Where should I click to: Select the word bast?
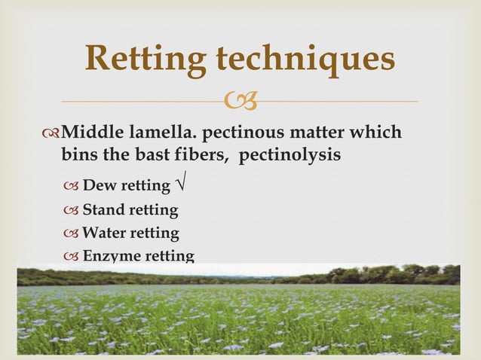(143, 154)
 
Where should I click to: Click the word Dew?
(97, 186)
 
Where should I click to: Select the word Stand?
(103, 209)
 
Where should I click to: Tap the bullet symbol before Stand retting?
(72, 210)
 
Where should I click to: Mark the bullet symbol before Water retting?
(72, 233)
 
